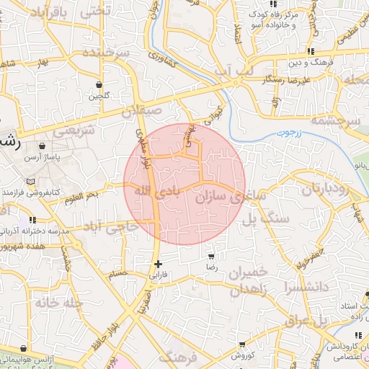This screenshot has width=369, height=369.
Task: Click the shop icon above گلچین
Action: coord(98,84)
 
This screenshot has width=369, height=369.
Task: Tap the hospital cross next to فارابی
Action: coord(158,264)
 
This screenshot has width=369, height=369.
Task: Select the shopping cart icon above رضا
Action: coord(211,256)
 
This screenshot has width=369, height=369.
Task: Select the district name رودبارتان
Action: coord(324,190)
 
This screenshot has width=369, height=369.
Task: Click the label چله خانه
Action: coord(55,303)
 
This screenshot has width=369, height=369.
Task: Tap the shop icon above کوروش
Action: coord(241,345)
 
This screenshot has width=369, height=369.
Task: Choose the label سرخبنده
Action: coord(105,54)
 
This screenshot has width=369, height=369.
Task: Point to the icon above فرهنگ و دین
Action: coord(311,51)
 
